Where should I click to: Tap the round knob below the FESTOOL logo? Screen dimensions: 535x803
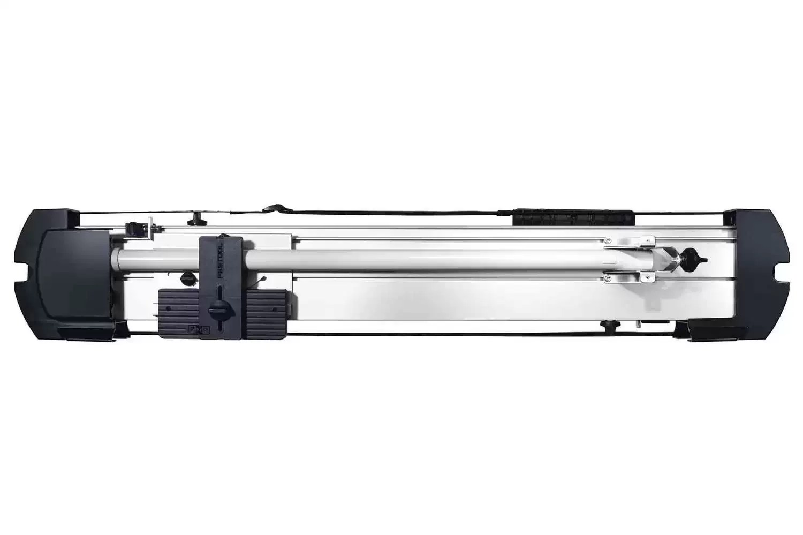point(218,307)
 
